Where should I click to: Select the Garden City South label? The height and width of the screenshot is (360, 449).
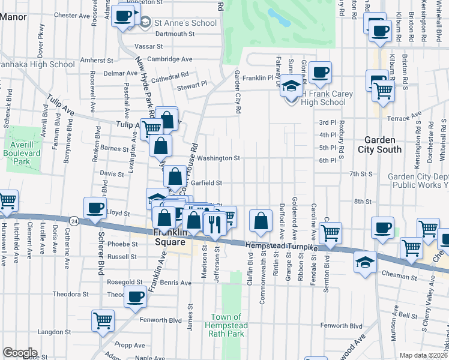(383, 144)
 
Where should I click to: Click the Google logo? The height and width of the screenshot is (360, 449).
(19, 353)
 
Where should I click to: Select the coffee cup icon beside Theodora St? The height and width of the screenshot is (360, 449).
(135, 296)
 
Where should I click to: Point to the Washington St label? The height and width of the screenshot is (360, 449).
(219, 159)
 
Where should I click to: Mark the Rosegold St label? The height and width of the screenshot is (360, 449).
(124, 281)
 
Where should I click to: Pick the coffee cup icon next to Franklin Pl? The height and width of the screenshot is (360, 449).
(320, 72)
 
